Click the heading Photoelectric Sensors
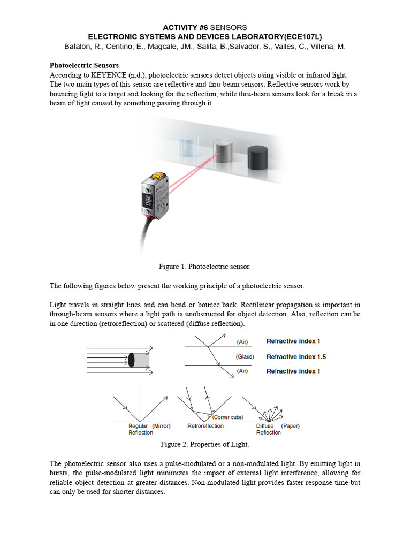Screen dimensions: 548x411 (x=84, y=65)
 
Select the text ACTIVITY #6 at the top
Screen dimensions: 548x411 (x=185, y=27)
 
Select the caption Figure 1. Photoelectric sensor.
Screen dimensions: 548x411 (x=205, y=267)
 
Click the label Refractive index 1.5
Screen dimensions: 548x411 (x=296, y=357)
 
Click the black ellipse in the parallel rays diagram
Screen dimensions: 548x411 (x=132, y=360)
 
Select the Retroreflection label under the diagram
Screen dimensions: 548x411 (x=205, y=426)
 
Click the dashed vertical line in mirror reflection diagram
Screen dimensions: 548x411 (x=140, y=404)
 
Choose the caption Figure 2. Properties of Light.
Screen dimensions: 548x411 (x=205, y=444)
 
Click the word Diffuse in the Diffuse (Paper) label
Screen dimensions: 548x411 (x=265, y=426)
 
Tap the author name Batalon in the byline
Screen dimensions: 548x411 (x=80, y=47)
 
